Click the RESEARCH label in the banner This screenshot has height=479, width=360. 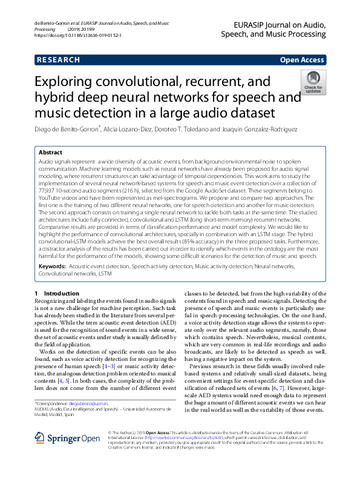point(59,60)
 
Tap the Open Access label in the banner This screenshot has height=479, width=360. point(303,60)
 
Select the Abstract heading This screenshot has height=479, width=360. point(50,153)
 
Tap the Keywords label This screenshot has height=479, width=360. point(52,266)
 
